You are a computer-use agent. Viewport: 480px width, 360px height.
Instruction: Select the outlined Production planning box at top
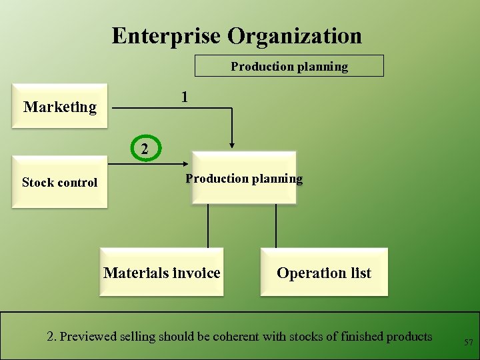(x=289, y=66)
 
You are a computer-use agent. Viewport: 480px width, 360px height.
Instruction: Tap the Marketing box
(x=59, y=106)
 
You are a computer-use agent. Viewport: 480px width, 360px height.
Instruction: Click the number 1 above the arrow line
(x=185, y=97)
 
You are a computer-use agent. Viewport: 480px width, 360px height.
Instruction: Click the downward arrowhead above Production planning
(x=232, y=143)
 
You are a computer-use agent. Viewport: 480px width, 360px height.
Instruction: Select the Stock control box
(x=59, y=182)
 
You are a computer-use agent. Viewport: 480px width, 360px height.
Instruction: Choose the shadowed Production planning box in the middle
(x=243, y=178)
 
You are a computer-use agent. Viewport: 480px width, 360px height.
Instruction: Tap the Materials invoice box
(x=161, y=273)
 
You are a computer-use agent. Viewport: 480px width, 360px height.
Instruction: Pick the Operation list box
(x=324, y=273)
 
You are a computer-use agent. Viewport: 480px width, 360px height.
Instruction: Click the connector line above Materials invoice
(x=208, y=226)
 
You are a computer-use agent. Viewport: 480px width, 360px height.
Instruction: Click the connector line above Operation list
(x=275, y=226)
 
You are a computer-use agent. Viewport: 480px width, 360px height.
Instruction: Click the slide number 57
(x=469, y=342)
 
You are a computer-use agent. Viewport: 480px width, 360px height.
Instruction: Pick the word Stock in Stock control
(x=37, y=182)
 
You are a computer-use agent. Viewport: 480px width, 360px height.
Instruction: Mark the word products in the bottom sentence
(x=408, y=337)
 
